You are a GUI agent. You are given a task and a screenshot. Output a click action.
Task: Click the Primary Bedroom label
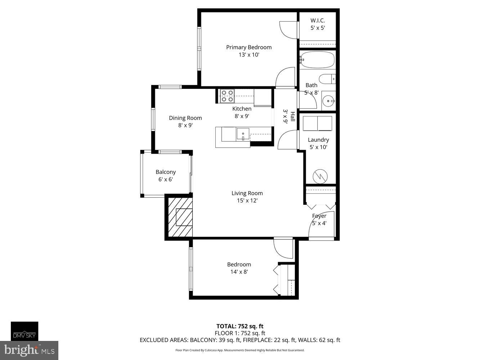[x=248, y=47]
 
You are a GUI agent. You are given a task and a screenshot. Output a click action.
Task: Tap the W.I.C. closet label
[x=318, y=21]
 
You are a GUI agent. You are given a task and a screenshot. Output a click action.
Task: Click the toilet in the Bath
[x=327, y=79]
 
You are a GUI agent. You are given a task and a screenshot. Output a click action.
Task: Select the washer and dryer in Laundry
[x=317, y=123]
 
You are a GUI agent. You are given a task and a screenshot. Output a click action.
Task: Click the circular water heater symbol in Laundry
[x=320, y=176]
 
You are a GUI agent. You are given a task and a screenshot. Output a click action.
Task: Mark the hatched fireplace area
[x=179, y=217]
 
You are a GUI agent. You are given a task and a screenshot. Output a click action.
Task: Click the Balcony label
[x=166, y=172]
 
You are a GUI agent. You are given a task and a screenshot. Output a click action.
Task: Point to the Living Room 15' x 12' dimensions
[x=247, y=201]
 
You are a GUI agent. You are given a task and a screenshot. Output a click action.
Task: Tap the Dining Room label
[x=185, y=118]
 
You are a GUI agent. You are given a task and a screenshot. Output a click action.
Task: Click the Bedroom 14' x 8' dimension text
[x=239, y=272]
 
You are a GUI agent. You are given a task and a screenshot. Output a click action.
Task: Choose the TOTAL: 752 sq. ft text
[x=240, y=327]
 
